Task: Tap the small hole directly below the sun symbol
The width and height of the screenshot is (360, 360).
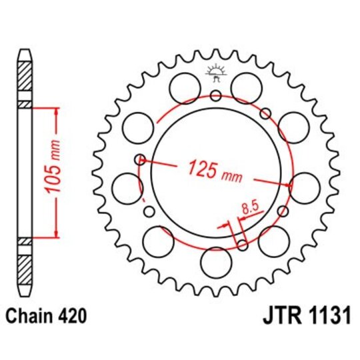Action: coord(215,96)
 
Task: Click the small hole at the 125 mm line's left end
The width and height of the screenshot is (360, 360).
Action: coord(140,159)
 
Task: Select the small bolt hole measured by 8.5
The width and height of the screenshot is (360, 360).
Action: coord(241,245)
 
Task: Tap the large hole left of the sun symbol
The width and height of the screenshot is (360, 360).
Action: coord(185,86)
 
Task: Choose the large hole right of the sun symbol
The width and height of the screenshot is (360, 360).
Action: coord(246,86)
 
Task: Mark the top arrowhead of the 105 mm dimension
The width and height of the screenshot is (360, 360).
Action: coord(57,108)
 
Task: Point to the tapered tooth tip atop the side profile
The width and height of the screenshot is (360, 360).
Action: coord(25,54)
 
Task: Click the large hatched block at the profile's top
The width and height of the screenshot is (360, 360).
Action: coord(25,80)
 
